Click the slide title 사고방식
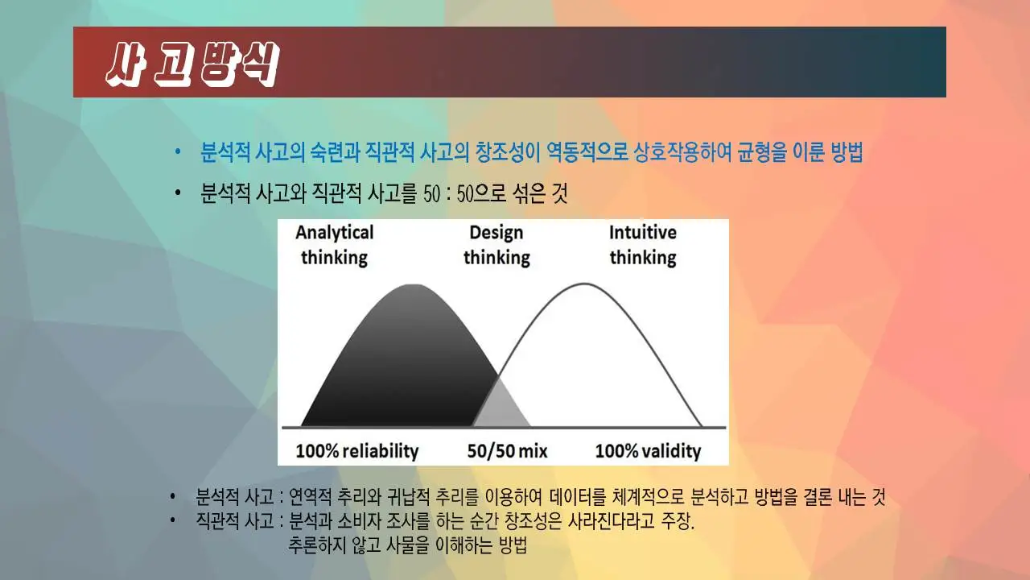click(192, 62)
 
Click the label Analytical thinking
click(335, 245)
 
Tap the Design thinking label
click(496, 245)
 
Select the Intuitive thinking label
click(642, 245)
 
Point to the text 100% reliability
click(356, 451)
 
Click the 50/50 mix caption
click(507, 451)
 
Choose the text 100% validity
click(648, 451)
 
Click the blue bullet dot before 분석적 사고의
click(179, 153)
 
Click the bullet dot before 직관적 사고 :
click(172, 520)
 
